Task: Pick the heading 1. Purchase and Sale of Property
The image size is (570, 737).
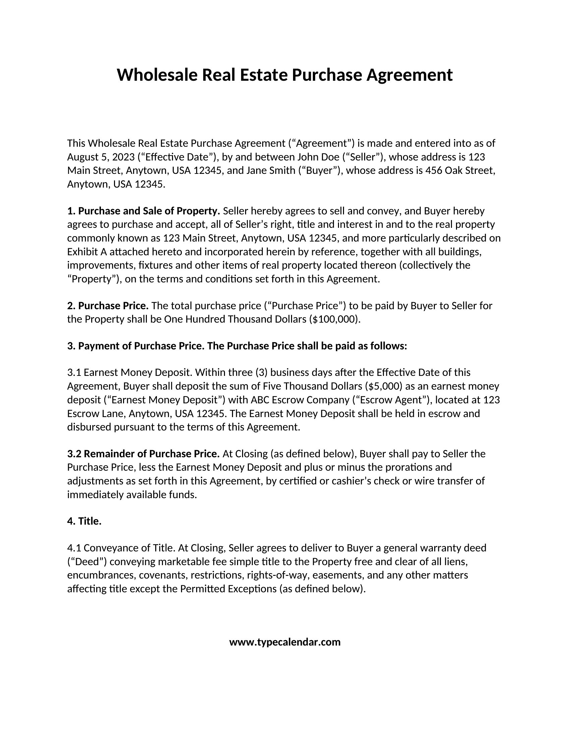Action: pos(144,211)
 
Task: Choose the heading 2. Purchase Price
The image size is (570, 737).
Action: pos(108,306)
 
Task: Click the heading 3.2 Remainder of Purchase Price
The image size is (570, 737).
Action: pos(144,454)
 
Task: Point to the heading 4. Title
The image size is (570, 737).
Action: pos(84,521)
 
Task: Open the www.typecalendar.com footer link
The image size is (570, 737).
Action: pos(285,642)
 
